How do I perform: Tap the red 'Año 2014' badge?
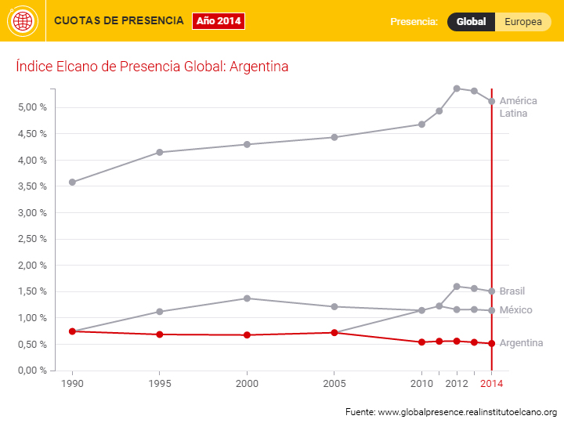pos(219,21)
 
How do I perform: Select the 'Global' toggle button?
pos(471,22)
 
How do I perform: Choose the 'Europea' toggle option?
pos(522,22)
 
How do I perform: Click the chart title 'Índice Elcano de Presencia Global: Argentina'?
pos(152,67)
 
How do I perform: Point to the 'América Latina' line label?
pos(519,107)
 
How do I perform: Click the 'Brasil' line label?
pos(512,291)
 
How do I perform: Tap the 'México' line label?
pos(515,310)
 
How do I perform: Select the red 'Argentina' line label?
pos(521,343)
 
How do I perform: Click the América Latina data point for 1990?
pos(72,182)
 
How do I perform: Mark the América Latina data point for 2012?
pos(457,89)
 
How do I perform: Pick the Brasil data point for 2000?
pos(247,298)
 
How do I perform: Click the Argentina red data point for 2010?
pos(421,342)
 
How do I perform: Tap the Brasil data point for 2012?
pos(457,287)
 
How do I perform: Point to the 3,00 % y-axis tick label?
pos(32,213)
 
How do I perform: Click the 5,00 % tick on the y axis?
pos(32,107)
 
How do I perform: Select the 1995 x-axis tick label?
pos(160,383)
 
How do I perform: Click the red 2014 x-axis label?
pos(491,383)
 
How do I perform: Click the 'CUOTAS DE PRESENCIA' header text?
pos(119,20)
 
